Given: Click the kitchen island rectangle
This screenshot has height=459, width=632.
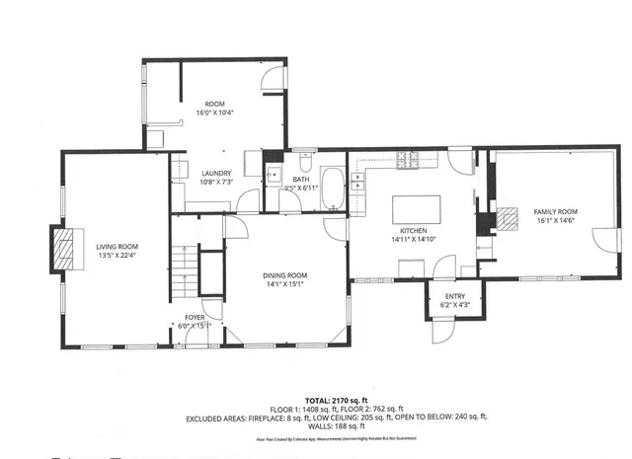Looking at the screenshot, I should click(415, 210).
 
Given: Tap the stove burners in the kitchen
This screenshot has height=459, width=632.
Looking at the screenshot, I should click(409, 158).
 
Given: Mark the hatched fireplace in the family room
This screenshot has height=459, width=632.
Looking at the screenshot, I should click(506, 220).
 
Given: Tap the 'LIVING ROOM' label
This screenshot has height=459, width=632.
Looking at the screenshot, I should click(117, 247).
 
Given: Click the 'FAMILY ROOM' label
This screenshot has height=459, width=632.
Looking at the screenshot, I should click(555, 212).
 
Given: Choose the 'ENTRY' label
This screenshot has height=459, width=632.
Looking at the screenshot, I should click(454, 296).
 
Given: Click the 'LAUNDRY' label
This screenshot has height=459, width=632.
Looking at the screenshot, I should click(215, 172).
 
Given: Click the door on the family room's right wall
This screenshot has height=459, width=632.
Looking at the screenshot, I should click(598, 240).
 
